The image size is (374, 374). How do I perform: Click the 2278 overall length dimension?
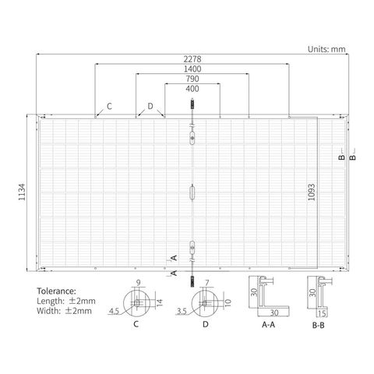192,59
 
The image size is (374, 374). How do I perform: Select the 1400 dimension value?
192,69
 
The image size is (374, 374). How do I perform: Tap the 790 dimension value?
192,79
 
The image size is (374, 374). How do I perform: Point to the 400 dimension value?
192,89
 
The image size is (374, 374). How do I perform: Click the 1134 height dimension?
22,192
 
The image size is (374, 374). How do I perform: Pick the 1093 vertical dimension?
312,192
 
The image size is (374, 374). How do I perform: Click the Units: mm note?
326,49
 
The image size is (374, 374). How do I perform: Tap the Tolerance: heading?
57,291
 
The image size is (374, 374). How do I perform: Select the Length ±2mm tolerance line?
66,301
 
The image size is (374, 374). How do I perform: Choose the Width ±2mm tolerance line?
65,311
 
